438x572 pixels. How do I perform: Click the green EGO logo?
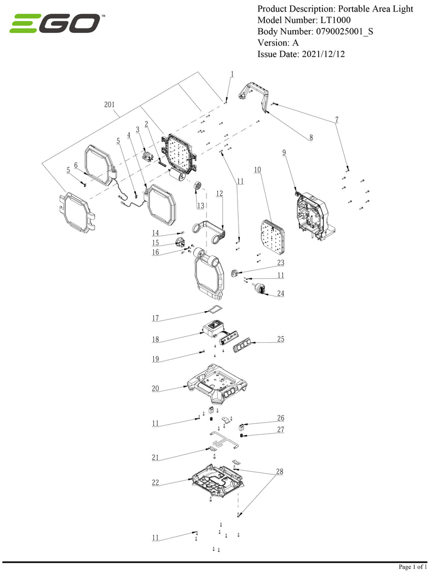[x=55, y=24]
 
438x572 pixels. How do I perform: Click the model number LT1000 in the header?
[x=335, y=20]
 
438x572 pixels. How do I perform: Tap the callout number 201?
[x=109, y=104]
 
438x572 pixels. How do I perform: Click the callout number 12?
[x=219, y=193]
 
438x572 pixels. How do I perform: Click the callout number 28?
[x=280, y=471]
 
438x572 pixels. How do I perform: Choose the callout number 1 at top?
[x=232, y=74]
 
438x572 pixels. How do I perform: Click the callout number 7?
[x=337, y=119]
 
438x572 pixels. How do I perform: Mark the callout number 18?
[x=155, y=340]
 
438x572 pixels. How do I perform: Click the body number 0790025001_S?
[x=344, y=31]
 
